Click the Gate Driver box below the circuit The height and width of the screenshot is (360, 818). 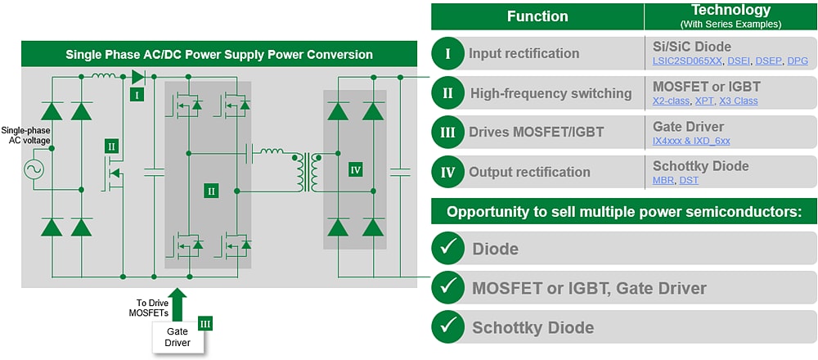point(178,336)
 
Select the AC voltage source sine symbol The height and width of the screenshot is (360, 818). point(35,170)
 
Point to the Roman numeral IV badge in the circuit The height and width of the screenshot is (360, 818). point(355,169)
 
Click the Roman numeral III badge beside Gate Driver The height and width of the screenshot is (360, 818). point(205,324)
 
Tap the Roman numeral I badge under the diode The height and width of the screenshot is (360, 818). point(137,95)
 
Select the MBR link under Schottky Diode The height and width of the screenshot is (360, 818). point(663,180)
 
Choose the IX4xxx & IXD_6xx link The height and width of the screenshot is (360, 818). point(691,141)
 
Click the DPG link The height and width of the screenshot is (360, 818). point(797,61)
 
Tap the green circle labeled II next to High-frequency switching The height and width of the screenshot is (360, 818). point(447,93)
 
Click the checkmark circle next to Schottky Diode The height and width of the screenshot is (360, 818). point(447,327)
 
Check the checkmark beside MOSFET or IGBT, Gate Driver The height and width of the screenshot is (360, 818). point(447,287)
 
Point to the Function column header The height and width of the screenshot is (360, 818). point(537,16)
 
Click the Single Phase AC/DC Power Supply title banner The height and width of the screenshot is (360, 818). point(219,55)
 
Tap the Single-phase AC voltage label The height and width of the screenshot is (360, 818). point(26,136)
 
